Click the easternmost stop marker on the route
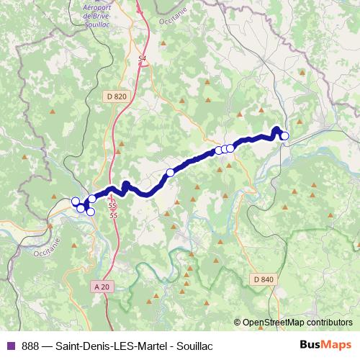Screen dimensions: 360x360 tap(284, 136)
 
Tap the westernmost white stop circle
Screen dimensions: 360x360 tap(76, 202)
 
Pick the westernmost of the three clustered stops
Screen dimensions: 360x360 tap(218, 150)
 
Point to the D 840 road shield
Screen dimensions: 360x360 tap(264, 279)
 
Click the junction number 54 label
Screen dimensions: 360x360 tap(142, 58)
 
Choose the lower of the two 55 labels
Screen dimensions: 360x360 tap(112, 215)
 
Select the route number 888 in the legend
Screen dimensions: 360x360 tap(31, 346)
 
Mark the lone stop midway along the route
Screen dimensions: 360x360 tap(171, 172)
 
